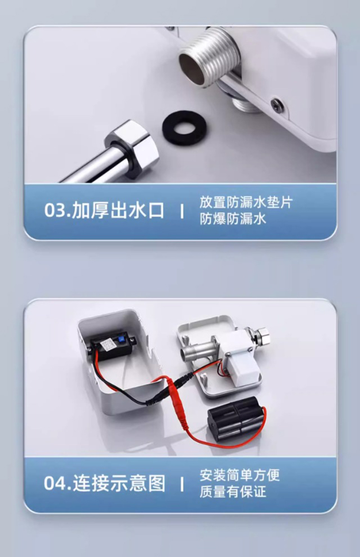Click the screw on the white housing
point(277,105)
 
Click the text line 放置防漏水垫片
point(246,202)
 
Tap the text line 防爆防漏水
point(233,219)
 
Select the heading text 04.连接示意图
point(105,484)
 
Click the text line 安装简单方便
point(240,475)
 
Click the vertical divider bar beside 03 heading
point(182,212)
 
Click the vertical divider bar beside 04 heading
point(182,484)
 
